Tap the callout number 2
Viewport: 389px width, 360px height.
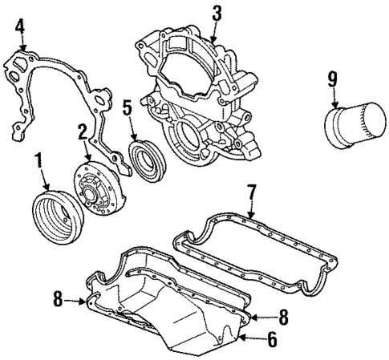(82, 130)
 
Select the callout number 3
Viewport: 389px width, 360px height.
(215, 12)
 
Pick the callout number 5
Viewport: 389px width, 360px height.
(126, 106)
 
